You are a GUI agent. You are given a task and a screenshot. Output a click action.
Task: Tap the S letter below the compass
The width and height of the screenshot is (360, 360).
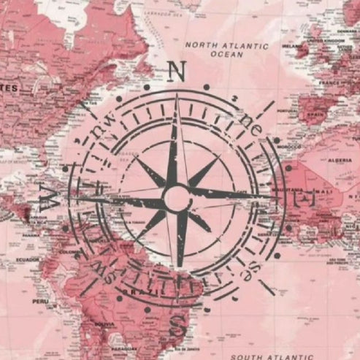(x=177, y=326)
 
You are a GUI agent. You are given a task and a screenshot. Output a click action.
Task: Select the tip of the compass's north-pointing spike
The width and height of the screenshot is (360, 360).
(x=177, y=97)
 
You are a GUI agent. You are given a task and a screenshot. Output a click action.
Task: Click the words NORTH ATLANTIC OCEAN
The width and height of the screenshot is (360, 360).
(x=226, y=50)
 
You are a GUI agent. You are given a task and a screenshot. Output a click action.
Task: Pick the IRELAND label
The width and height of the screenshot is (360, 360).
(x=293, y=45)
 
